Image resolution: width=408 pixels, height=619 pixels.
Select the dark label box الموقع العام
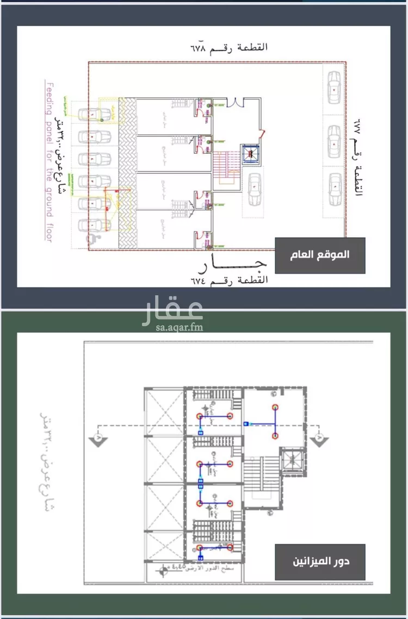tap(320, 254)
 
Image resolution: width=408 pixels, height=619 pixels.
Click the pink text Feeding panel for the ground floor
tap(48, 162)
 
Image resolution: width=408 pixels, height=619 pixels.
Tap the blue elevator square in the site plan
tap(250, 154)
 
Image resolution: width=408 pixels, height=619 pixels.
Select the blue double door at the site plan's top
tap(234, 101)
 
